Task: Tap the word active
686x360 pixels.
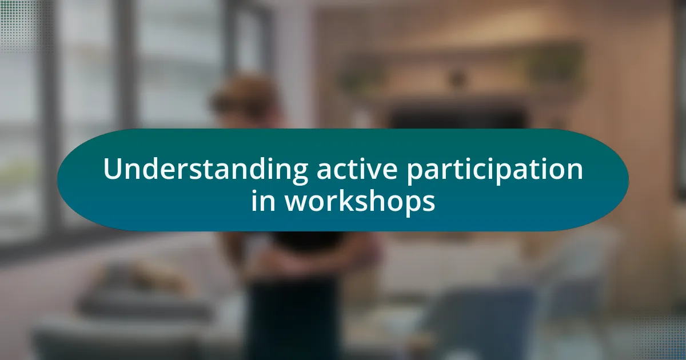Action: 357,169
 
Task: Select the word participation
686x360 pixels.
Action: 494,170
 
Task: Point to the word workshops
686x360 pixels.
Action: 360,201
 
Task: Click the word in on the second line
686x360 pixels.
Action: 263,201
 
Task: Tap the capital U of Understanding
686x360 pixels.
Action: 114,169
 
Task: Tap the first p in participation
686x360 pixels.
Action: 416,174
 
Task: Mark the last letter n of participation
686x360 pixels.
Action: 574,172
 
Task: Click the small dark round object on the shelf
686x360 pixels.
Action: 457,78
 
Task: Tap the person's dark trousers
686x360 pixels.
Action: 293,318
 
